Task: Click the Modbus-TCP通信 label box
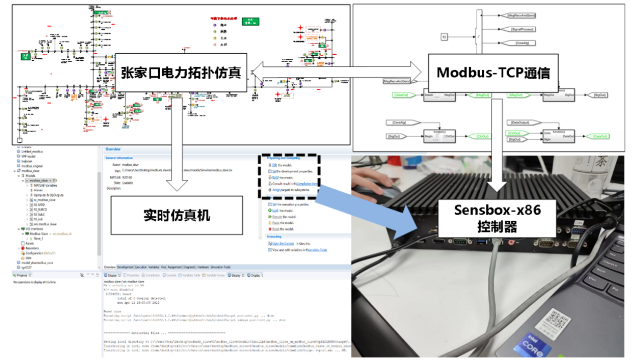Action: [493, 72]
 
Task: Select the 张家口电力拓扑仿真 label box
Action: [181, 72]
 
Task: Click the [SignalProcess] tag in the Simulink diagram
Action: [522, 29]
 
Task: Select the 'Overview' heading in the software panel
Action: [113, 149]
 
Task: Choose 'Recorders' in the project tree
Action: [31, 248]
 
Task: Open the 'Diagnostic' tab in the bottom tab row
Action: [189, 267]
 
